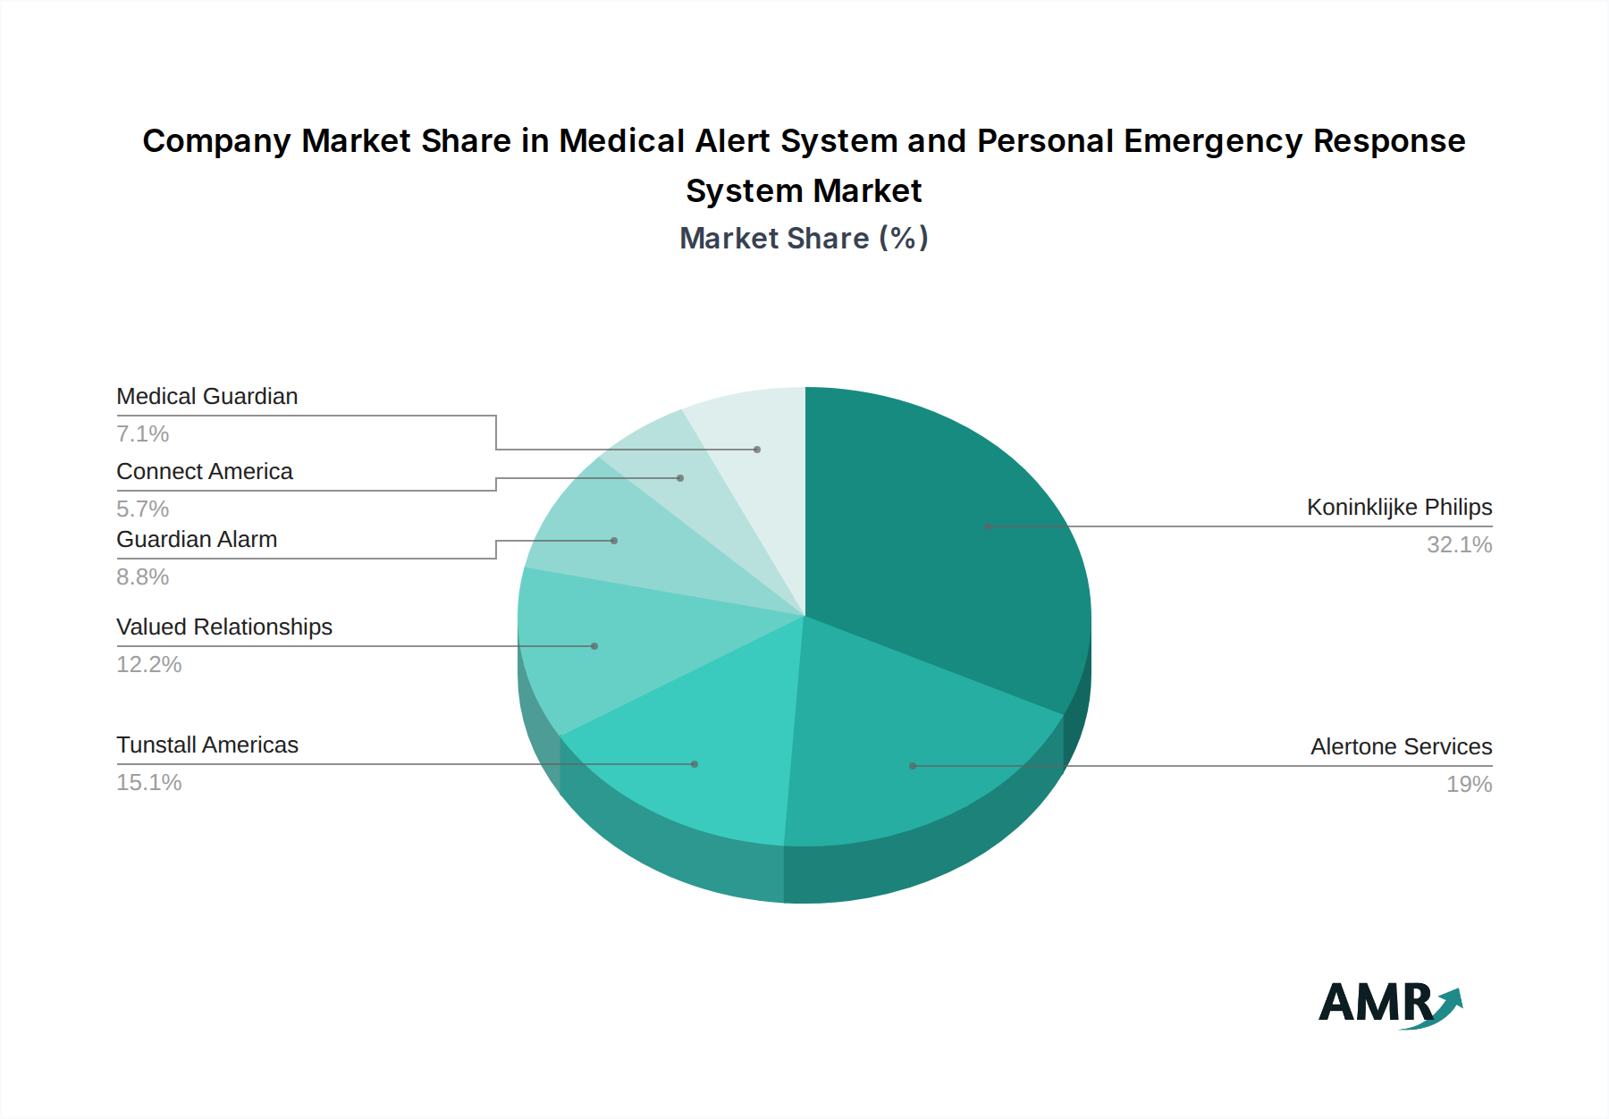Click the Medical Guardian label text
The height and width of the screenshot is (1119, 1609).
tap(207, 397)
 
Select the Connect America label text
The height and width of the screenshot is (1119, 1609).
tap(205, 472)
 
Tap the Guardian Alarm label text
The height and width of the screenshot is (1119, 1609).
tap(197, 540)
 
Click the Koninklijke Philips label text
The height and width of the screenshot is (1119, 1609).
tap(1399, 508)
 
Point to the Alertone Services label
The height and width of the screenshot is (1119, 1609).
tap(1401, 747)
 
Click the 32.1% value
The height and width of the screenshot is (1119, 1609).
tap(1459, 545)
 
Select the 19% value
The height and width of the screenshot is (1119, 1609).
tap(1469, 785)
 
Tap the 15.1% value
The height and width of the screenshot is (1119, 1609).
tap(149, 783)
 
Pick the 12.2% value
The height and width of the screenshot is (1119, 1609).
tap(149, 665)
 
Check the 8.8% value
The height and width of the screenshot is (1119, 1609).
tap(143, 577)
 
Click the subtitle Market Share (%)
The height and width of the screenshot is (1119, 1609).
tap(804, 239)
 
